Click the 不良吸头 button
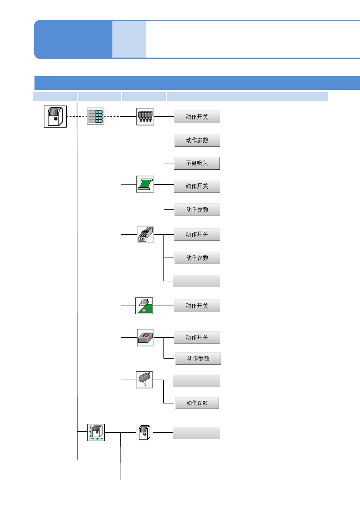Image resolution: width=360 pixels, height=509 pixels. [x=197, y=163]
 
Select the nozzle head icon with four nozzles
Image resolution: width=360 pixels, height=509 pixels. [x=145, y=117]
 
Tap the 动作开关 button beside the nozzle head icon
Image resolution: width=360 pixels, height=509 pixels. [x=197, y=117]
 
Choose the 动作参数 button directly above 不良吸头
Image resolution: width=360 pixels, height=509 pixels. [x=197, y=140]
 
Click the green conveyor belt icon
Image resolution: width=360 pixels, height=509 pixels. [x=145, y=184]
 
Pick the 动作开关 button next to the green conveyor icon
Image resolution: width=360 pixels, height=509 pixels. [x=197, y=186]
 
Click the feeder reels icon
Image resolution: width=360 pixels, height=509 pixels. [x=145, y=235]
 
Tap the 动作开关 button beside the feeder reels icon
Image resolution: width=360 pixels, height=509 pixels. [x=197, y=235]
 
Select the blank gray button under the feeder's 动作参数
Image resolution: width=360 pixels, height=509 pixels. [x=197, y=281]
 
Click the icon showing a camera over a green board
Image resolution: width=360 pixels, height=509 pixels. [x=144, y=306]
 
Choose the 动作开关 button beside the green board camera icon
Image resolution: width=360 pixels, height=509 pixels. [x=197, y=306]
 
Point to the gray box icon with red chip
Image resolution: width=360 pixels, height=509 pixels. [x=146, y=338]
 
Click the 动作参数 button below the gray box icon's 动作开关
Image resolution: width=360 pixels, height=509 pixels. [x=198, y=359]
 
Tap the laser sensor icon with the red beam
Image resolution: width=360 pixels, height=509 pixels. [x=144, y=380]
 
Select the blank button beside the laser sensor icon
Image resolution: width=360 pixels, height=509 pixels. [x=197, y=381]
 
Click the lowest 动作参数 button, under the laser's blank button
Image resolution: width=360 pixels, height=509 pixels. [x=197, y=403]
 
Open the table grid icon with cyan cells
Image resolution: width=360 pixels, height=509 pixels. [x=96, y=116]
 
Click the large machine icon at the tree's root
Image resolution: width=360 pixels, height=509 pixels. [x=55, y=117]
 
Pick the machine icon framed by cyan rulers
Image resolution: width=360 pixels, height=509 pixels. [x=96, y=433]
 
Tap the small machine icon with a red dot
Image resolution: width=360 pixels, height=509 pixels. [x=144, y=433]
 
